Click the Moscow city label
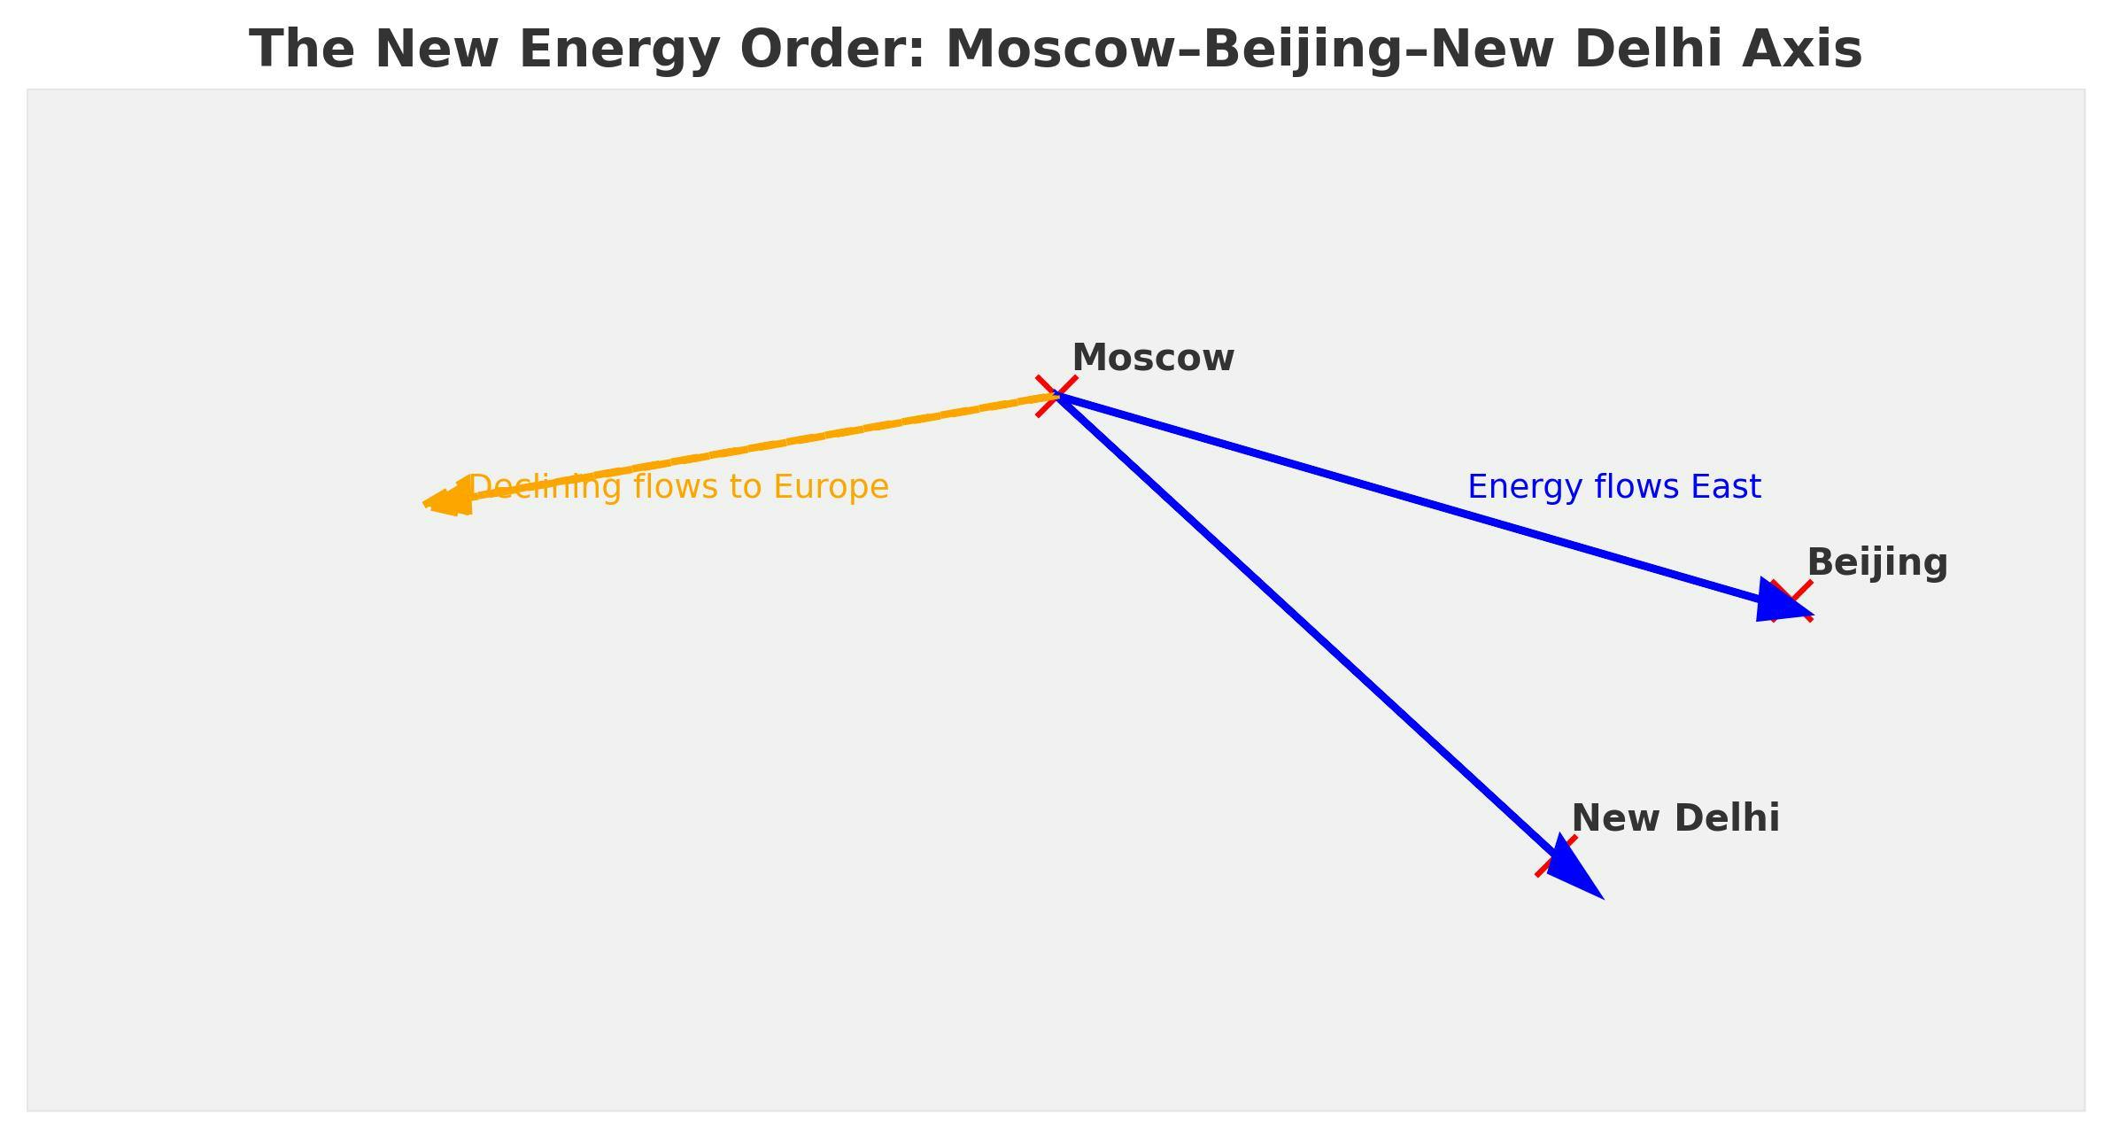(1152, 359)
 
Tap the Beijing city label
(1876, 563)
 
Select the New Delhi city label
(1675, 818)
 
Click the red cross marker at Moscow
(1056, 396)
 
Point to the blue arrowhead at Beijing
(1780, 603)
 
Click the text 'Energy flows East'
(1613, 488)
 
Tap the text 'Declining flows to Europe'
(678, 488)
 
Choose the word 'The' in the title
(301, 50)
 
